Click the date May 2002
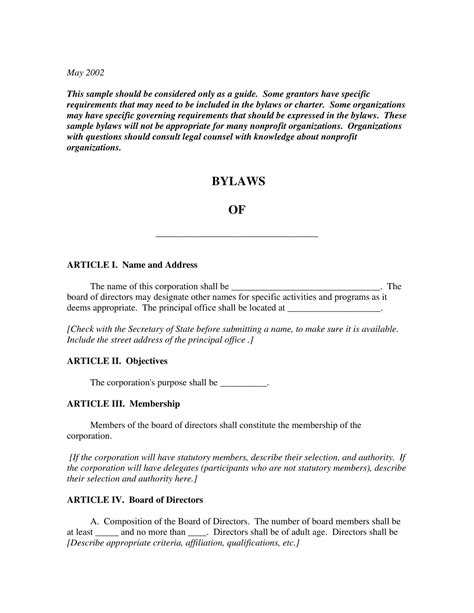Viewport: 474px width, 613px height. [85, 72]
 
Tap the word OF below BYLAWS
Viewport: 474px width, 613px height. [237, 212]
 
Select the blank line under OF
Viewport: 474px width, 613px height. [237, 235]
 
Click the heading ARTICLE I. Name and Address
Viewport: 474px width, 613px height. [132, 265]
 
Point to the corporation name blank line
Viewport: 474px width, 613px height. [306, 287]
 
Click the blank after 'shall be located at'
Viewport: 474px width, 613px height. [340, 309]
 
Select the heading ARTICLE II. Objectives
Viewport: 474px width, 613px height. [117, 360]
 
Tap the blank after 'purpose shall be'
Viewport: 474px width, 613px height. [243, 383]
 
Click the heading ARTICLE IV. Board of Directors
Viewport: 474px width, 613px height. [135, 498]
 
